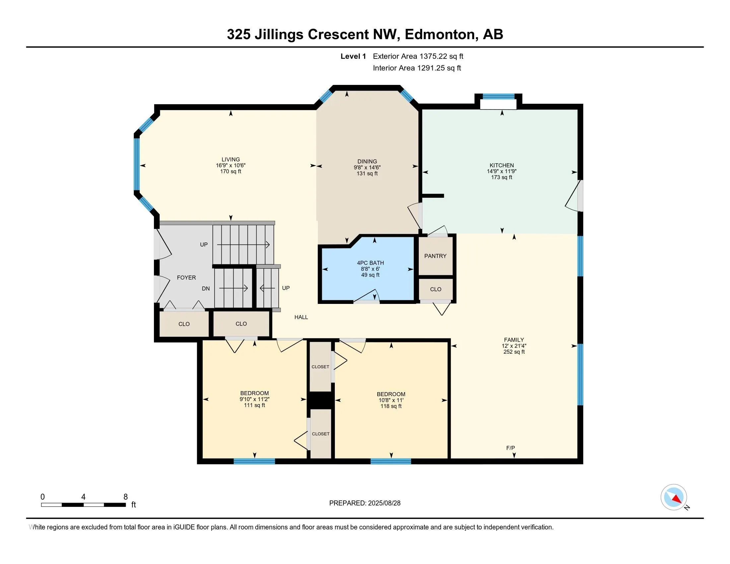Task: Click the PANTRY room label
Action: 435,256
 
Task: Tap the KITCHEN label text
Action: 502,166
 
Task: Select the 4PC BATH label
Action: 370,263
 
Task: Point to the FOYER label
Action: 186,278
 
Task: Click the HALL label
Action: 301,317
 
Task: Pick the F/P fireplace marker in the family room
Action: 510,448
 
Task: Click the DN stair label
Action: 206,288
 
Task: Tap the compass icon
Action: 674,497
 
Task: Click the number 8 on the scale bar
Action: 126,497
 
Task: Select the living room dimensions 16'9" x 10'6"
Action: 231,166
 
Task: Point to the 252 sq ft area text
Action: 514,352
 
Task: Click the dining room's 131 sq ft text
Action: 367,174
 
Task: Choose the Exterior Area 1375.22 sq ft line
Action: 418,56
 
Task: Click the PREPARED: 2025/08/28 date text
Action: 365,503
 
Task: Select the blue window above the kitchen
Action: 498,97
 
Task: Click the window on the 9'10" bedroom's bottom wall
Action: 255,461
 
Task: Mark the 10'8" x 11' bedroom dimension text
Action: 391,400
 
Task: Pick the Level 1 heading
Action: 353,56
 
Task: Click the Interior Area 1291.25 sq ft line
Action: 417,68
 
